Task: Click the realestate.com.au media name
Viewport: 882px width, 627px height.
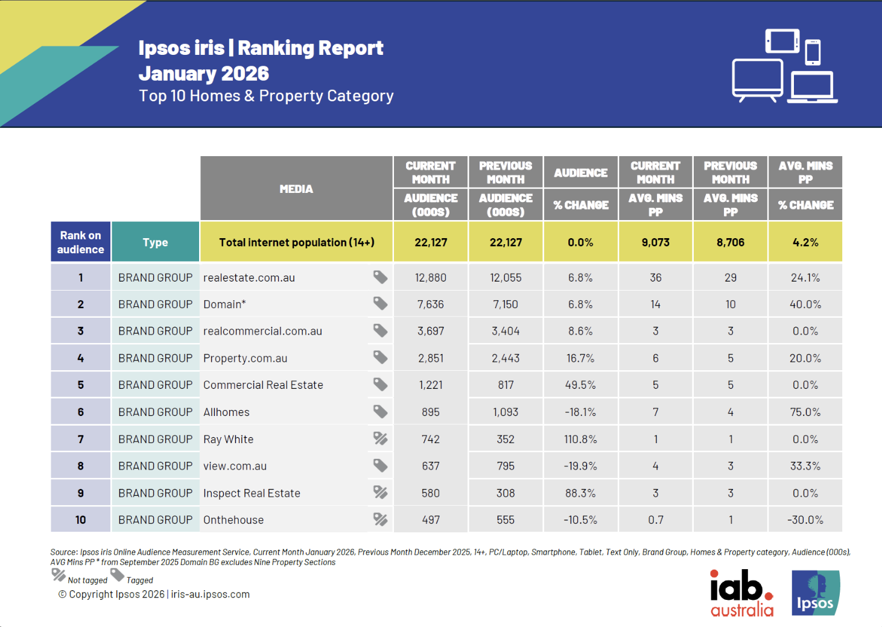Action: (x=249, y=278)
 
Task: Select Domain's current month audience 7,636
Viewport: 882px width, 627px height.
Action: (x=431, y=304)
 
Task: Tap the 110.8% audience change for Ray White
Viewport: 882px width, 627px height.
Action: (x=580, y=440)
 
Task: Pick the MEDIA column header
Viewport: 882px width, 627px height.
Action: (x=296, y=189)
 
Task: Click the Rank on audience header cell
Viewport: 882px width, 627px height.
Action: (x=81, y=242)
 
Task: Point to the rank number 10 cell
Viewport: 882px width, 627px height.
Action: (x=81, y=520)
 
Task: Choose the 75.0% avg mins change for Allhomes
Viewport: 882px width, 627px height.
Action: (x=805, y=412)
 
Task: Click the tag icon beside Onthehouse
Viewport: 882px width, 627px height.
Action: (x=380, y=519)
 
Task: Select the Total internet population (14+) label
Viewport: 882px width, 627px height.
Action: (x=296, y=242)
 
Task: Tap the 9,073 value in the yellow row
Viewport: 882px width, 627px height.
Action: (x=656, y=242)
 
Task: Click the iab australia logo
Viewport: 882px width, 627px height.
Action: (x=741, y=593)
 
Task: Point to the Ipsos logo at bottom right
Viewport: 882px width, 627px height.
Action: (x=816, y=593)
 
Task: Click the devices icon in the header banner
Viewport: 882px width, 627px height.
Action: (x=784, y=66)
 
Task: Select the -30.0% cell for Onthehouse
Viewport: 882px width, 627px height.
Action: (x=805, y=520)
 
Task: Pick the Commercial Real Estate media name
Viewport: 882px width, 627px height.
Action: (x=263, y=385)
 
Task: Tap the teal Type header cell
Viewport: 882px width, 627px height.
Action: (x=156, y=242)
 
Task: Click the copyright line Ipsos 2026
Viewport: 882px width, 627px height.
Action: (x=154, y=594)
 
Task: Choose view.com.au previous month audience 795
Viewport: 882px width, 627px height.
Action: (x=506, y=466)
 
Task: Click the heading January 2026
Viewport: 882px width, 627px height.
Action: (x=204, y=74)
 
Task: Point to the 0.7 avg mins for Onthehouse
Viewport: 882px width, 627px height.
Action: (x=656, y=520)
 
